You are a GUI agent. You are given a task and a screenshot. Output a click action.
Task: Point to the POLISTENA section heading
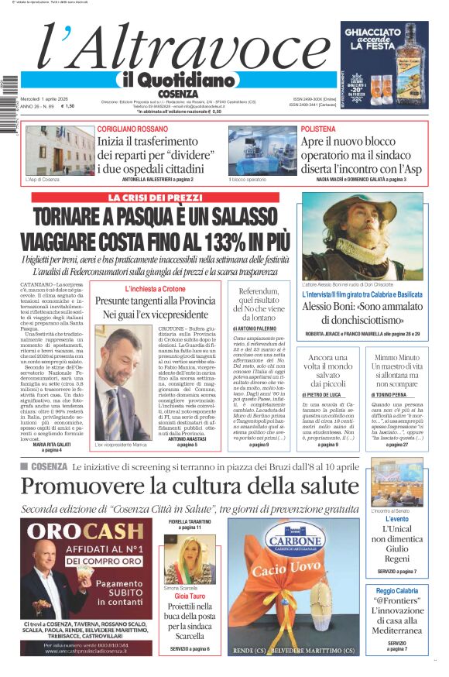pos(318,129)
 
